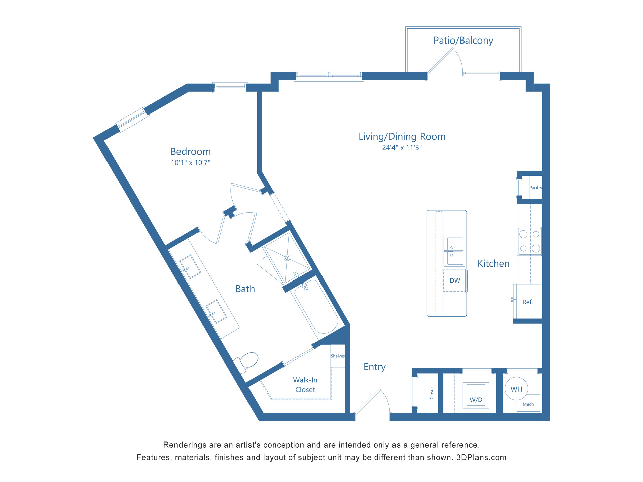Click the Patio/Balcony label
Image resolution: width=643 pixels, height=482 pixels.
click(463, 41)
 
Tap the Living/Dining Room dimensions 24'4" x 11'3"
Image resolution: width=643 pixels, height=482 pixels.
click(402, 148)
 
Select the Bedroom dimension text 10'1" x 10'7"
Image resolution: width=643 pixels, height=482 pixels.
click(191, 163)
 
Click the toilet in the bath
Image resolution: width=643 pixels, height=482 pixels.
click(248, 361)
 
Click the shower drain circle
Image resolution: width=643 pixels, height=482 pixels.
click(287, 258)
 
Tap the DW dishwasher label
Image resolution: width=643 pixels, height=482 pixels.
click(455, 280)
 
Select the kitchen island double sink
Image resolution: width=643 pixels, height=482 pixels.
click(454, 251)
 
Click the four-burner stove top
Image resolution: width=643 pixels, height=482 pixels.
click(529, 241)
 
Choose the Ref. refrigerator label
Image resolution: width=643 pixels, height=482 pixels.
click(527, 302)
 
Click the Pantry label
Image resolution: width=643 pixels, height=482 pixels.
click(535, 188)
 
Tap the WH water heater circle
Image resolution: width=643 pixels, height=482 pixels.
click(516, 389)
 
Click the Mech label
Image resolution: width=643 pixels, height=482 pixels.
click(528, 404)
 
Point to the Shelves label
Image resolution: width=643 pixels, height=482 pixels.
click(338, 356)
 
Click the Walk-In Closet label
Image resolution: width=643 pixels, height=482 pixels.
click(305, 385)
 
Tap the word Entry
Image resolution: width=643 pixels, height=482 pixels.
click(374, 367)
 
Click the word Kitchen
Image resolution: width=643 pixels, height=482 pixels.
click(493, 264)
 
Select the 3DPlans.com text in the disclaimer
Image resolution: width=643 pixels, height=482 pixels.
click(481, 458)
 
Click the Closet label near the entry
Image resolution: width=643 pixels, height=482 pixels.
click(432, 393)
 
